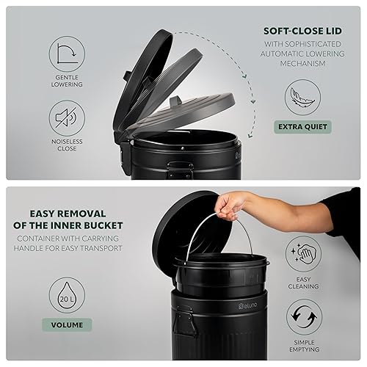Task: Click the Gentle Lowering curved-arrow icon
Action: point(67,54)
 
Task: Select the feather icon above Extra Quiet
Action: point(303,97)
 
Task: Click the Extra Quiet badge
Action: point(302,127)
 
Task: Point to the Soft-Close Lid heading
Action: point(302,31)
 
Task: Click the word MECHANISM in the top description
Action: point(302,63)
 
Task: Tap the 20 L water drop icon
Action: point(67,295)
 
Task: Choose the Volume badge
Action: point(67,325)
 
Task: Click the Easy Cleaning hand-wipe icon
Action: point(304,254)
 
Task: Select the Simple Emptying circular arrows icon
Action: point(305,317)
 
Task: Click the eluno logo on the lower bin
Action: point(247,305)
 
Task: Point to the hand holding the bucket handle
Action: point(230,205)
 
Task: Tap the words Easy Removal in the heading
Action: point(68,214)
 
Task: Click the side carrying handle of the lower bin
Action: point(184,321)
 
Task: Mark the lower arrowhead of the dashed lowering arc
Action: point(250,135)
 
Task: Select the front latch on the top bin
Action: point(179,170)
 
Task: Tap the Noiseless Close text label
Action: point(67,145)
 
